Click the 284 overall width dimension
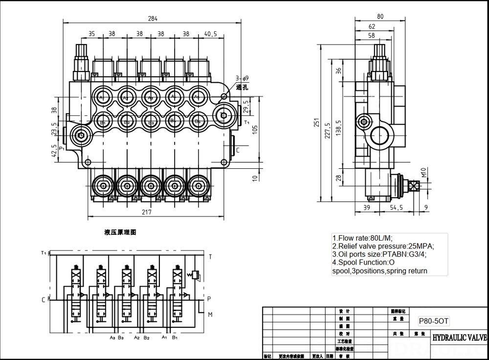(153, 19)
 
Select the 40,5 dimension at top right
(211, 34)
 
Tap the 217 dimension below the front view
(146, 212)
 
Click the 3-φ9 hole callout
(242, 78)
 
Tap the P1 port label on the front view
(62, 148)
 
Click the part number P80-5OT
(434, 321)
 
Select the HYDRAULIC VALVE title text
(459, 338)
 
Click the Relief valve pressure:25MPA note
(383, 246)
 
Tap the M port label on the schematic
(210, 315)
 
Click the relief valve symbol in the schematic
(196, 275)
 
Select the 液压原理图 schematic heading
(120, 232)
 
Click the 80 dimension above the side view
(380, 16)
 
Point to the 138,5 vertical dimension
(339, 128)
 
